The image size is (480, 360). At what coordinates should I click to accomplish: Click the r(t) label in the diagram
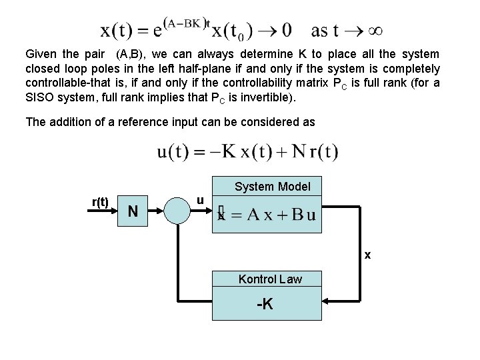pyautogui.click(x=100, y=202)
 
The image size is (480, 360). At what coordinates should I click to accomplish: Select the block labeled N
pyautogui.click(x=134, y=211)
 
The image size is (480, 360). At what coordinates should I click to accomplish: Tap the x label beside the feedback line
pyautogui.click(x=367, y=255)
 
